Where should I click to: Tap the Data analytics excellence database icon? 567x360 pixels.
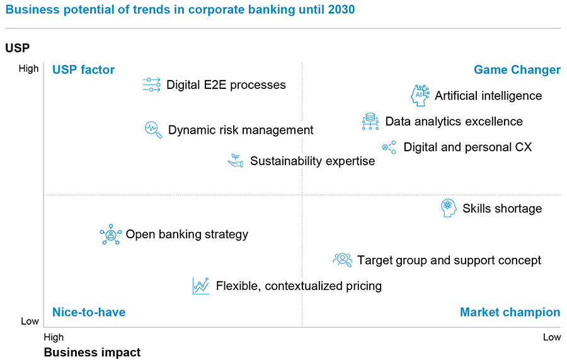[370, 121]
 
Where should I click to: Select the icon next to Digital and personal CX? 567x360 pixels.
[389, 148]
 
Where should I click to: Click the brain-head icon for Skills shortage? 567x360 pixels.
[449, 208]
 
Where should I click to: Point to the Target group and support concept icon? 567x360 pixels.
[342, 259]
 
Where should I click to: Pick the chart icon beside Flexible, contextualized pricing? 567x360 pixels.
[201, 286]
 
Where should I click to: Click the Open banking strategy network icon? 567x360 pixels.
[111, 235]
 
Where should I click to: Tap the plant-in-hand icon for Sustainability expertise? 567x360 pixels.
[236, 161]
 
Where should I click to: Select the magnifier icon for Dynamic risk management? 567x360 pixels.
[153, 130]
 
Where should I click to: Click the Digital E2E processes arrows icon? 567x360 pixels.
[152, 85]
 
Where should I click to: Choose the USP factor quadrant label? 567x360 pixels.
[83, 70]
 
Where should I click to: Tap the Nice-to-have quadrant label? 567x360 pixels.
[88, 312]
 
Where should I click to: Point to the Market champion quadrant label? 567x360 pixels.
[510, 312]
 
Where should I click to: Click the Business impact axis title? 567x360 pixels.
[92, 352]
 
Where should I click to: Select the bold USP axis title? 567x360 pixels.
[18, 48]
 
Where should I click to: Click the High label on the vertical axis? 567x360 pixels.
[28, 69]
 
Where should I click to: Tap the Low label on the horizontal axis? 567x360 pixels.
[551, 337]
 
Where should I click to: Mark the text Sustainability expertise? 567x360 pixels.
[312, 161]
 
